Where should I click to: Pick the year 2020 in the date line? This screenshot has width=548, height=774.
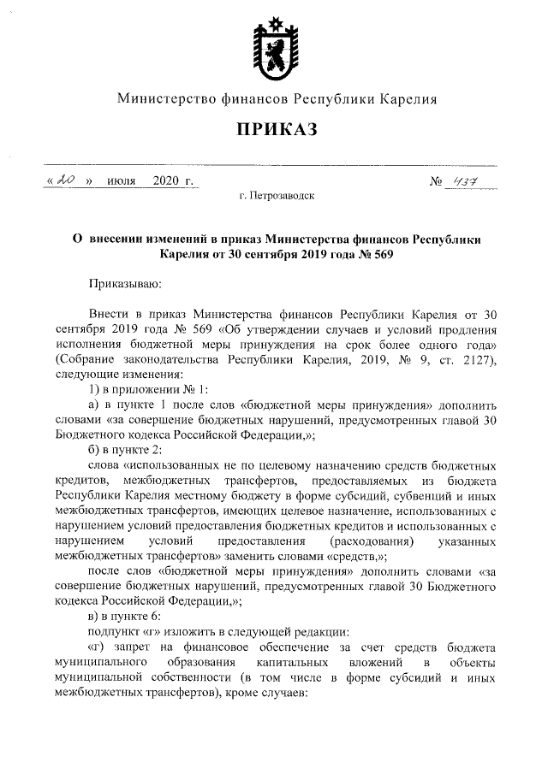167,181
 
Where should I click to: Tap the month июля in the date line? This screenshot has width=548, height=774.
122,181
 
